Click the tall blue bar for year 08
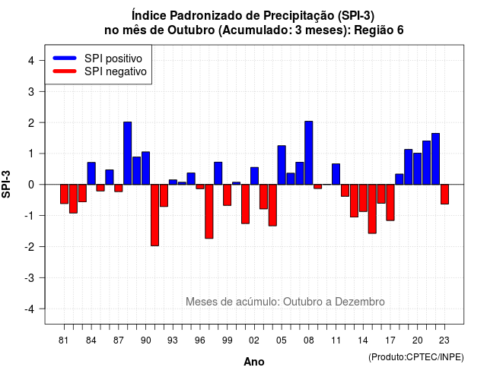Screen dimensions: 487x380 click(309, 153)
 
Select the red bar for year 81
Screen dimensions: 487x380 click(64, 194)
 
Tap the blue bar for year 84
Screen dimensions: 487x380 click(91, 173)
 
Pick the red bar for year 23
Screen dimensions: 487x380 click(444, 195)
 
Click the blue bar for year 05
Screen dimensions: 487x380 click(282, 165)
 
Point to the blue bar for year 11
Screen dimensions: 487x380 click(336, 174)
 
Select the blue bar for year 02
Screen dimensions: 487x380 click(254, 176)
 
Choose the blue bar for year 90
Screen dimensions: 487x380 click(145, 168)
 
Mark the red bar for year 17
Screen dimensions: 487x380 click(390, 203)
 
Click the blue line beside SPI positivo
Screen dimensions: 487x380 click(65, 58)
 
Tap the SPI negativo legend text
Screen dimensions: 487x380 click(116, 71)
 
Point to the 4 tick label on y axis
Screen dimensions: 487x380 click(31, 61)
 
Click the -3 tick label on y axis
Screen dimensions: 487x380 click(30, 278)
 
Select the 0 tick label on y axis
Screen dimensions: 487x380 click(31, 185)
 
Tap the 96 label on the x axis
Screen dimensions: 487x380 click(199, 340)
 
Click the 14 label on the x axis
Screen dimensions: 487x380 click(363, 340)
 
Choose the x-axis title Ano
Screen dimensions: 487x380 click(254, 362)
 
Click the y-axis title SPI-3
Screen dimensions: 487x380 click(6, 184)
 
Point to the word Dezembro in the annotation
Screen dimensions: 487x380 click(360, 302)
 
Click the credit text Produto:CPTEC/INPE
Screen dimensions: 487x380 click(416, 357)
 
